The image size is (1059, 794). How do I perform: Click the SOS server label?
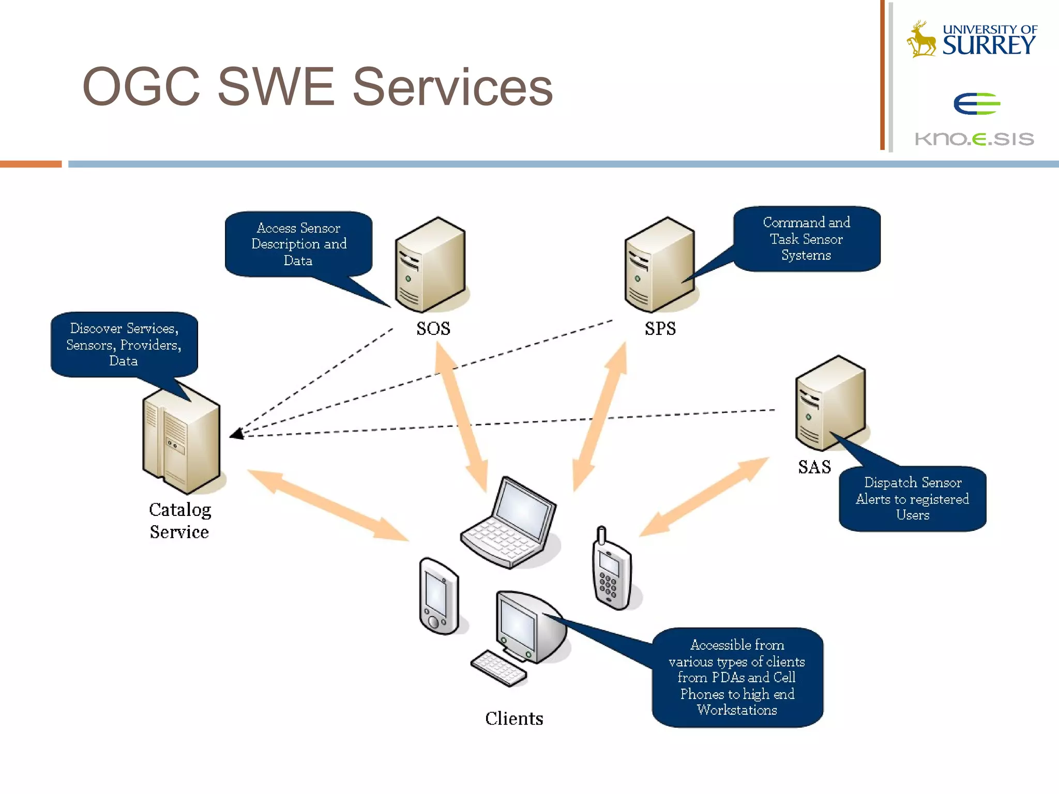pos(433,329)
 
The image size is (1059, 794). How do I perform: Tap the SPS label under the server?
pos(660,329)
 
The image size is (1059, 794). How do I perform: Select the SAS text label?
pos(814,467)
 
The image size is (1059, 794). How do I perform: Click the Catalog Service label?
pos(179,521)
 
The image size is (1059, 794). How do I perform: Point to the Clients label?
pos(514,719)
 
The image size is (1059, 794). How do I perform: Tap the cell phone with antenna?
pos(612,571)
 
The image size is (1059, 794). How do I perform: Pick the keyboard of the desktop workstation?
pos(498,668)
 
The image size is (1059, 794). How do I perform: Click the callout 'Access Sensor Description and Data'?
pos(299,244)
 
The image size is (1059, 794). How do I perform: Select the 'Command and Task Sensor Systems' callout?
pos(806,239)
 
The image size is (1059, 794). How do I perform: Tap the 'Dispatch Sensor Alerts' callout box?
pos(912,499)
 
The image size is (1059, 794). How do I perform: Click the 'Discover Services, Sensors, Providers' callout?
pos(124,344)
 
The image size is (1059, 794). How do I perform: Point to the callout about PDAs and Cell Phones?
pos(737,677)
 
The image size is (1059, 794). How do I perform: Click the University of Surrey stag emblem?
pos(921,39)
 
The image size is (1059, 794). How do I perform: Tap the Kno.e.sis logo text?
pos(974,139)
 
